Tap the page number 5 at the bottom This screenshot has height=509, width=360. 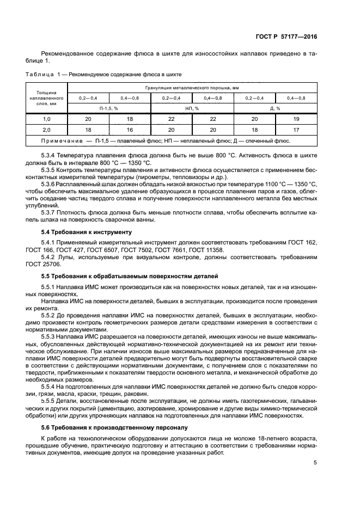(x=315, y=463)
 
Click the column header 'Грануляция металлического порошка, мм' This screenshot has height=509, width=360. (x=192, y=87)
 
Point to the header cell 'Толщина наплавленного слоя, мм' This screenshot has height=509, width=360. (x=46, y=97)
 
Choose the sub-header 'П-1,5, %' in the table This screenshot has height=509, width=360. (x=109, y=108)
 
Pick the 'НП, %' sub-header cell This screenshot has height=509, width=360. (x=192, y=108)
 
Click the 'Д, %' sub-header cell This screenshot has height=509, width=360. (x=276, y=108)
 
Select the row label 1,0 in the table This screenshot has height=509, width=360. (x=46, y=119)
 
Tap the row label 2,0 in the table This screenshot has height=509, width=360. (x=46, y=130)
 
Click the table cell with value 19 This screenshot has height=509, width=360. (x=296, y=119)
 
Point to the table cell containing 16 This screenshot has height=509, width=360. (x=130, y=130)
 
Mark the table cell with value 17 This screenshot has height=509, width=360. (x=296, y=130)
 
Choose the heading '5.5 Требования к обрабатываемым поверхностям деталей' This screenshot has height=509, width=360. (x=129, y=276)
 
